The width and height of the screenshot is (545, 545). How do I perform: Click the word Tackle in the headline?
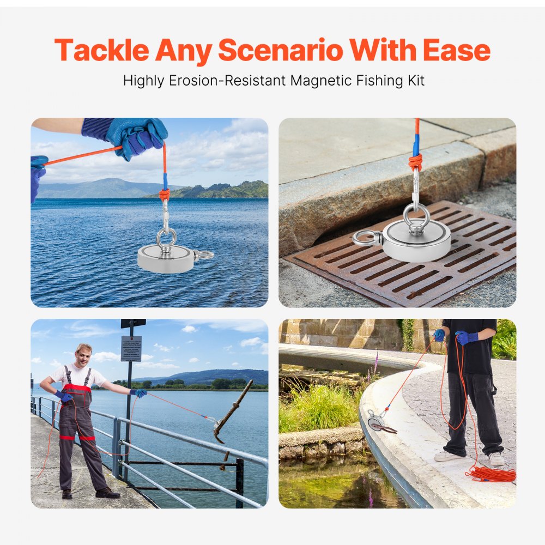[101, 50]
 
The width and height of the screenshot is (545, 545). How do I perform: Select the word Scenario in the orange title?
[281, 50]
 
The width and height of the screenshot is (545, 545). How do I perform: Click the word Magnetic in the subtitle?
[323, 81]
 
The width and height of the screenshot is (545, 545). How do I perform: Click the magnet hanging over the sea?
[166, 258]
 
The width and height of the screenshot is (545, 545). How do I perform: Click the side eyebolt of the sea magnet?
[205, 255]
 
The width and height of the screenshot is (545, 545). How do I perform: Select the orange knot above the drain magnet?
[415, 162]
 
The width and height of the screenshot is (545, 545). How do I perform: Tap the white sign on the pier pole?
[131, 349]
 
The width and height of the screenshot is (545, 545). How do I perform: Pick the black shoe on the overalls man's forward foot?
[107, 493]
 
